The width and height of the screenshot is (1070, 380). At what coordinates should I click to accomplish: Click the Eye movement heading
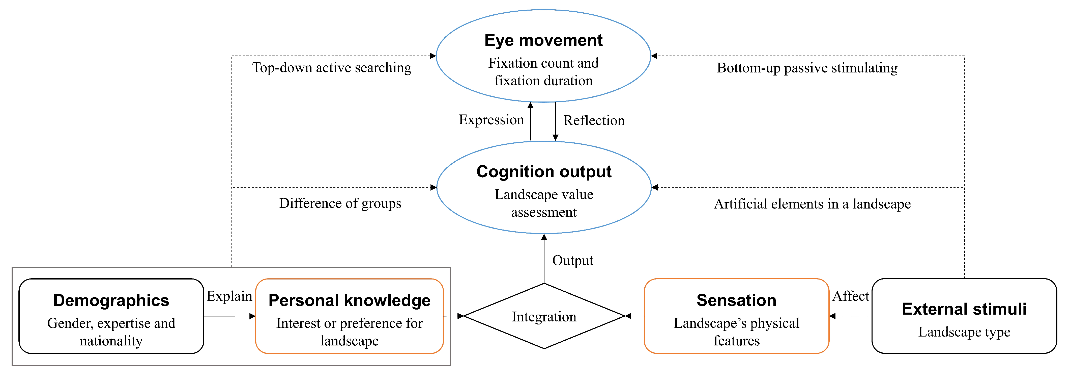click(x=543, y=40)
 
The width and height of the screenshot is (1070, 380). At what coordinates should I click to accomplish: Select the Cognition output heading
click(x=544, y=172)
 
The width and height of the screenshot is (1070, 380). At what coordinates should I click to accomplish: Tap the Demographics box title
click(x=111, y=300)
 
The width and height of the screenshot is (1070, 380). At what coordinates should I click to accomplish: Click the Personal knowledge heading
click(x=349, y=300)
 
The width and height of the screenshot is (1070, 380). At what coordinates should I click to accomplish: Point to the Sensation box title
click(x=736, y=300)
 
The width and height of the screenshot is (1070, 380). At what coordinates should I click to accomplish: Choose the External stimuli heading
click(x=964, y=309)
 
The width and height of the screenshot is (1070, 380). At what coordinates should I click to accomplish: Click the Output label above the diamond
click(x=573, y=261)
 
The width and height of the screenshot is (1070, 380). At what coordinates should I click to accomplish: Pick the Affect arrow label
click(x=851, y=296)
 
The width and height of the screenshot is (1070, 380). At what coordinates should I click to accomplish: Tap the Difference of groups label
click(x=340, y=203)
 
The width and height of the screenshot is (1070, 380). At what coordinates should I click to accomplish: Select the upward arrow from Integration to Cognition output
click(x=544, y=259)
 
